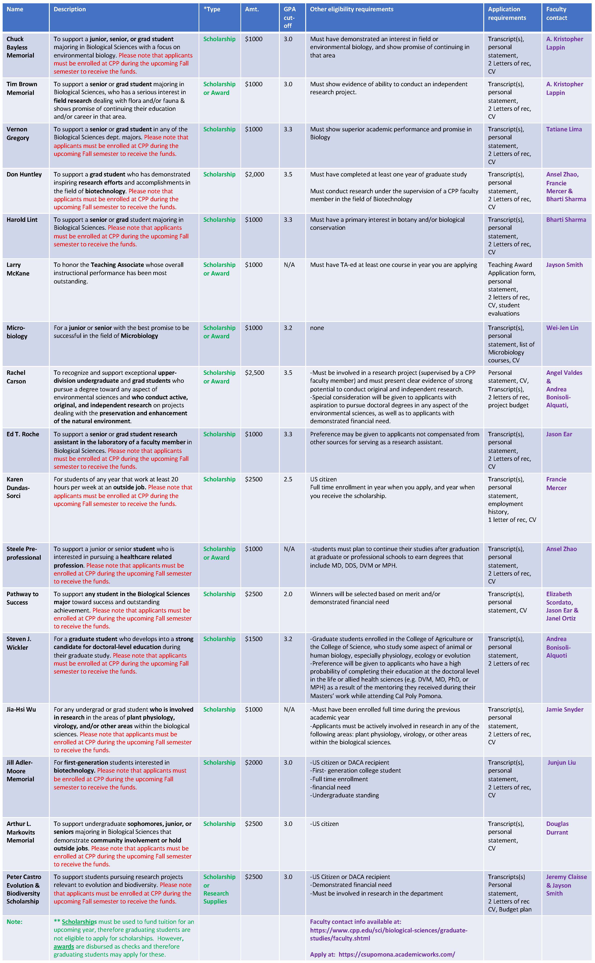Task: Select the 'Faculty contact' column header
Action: point(557,13)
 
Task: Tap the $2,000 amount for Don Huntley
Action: point(255,174)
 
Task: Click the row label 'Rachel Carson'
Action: point(16,377)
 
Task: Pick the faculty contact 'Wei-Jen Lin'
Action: point(562,328)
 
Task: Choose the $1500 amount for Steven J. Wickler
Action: point(253,639)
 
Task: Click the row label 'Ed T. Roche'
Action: point(23,434)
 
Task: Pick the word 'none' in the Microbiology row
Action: point(317,328)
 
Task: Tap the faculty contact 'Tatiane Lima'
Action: point(564,129)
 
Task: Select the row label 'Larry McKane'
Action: point(18,269)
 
